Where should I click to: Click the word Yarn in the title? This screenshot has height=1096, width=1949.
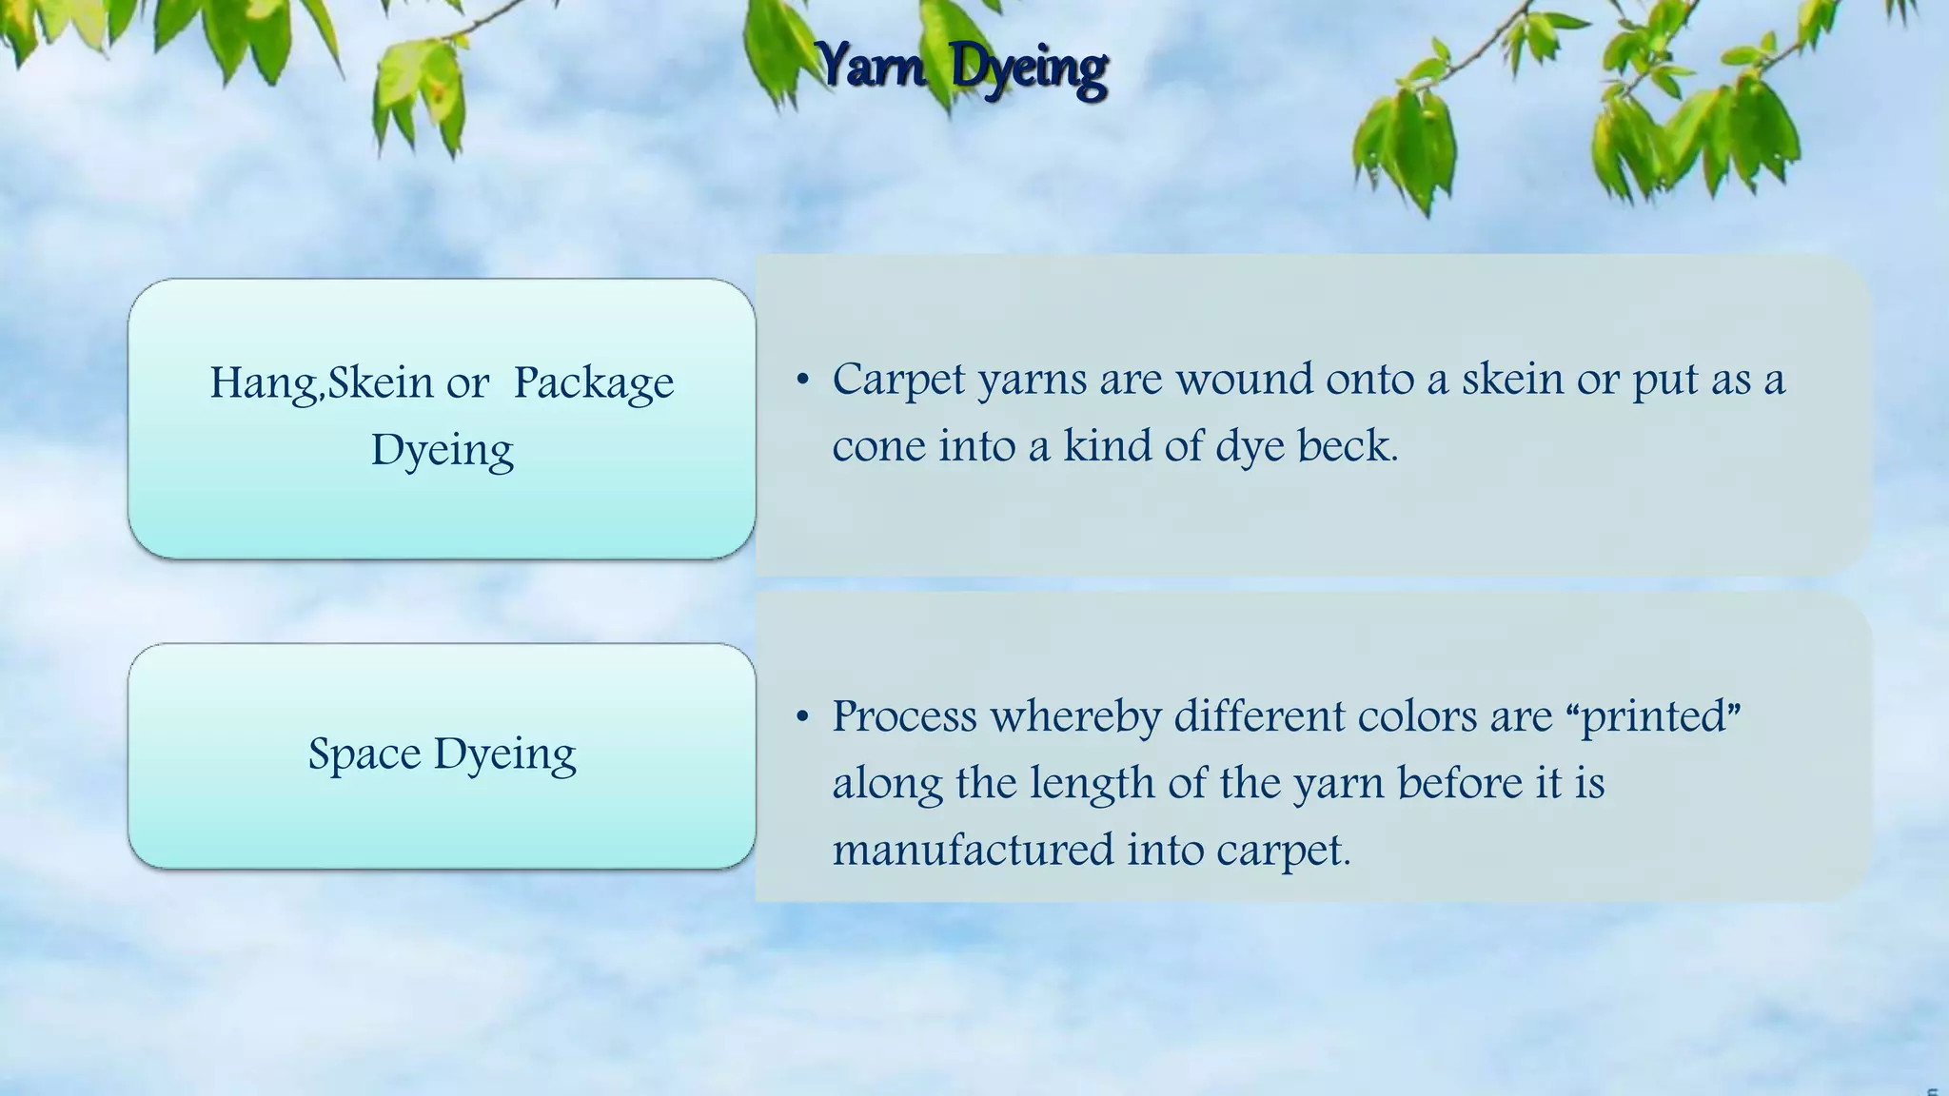coord(872,67)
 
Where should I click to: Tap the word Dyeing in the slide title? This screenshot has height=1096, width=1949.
coord(1029,68)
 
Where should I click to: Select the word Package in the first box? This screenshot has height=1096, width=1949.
coord(594,382)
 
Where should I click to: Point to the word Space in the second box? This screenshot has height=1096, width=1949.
coord(364,753)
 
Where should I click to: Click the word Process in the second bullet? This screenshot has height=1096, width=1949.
coord(904,715)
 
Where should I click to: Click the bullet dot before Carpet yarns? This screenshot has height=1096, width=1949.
coord(803,381)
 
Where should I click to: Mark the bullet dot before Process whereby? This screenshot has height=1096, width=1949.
coord(803,716)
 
